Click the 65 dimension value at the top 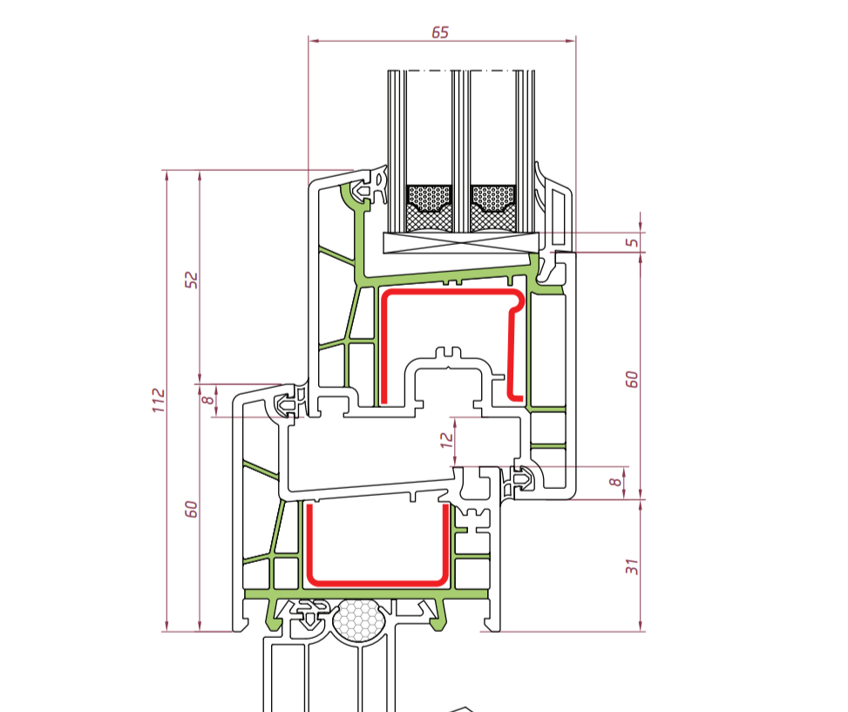coord(440,32)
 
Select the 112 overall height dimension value coord(159,400)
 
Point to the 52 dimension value coord(192,280)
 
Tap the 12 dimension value coord(447,439)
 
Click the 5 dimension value coord(632,241)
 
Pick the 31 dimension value coord(632,566)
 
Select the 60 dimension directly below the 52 coord(192,509)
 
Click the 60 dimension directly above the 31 coord(632,379)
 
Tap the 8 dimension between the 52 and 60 coord(207,400)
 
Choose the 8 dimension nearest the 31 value coord(615,482)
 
